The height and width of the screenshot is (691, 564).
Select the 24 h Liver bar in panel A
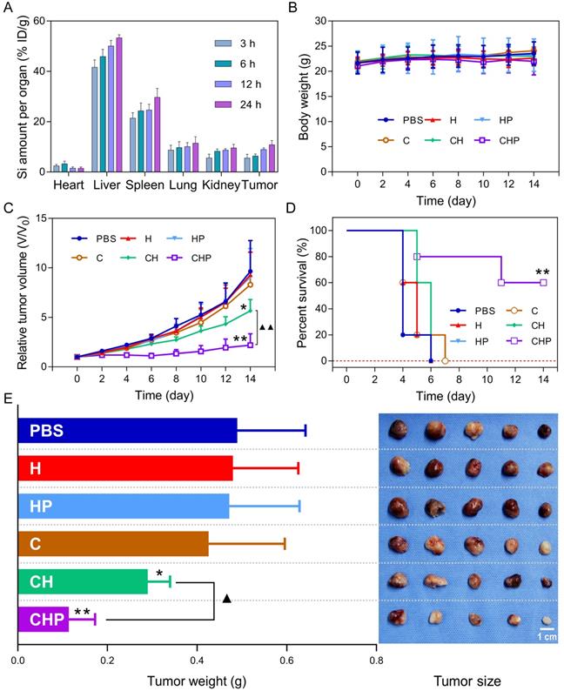tap(119, 104)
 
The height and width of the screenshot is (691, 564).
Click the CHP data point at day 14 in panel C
tap(251, 345)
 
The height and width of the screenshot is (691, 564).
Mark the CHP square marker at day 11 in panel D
tap(501, 283)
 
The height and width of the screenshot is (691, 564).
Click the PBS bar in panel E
tap(127, 430)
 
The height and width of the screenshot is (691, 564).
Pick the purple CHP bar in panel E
tap(44, 620)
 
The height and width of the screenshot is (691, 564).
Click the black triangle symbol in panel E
tap(227, 598)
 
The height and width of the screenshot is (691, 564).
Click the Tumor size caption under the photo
tap(468, 679)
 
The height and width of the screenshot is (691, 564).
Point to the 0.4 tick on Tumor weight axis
tap(197, 659)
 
